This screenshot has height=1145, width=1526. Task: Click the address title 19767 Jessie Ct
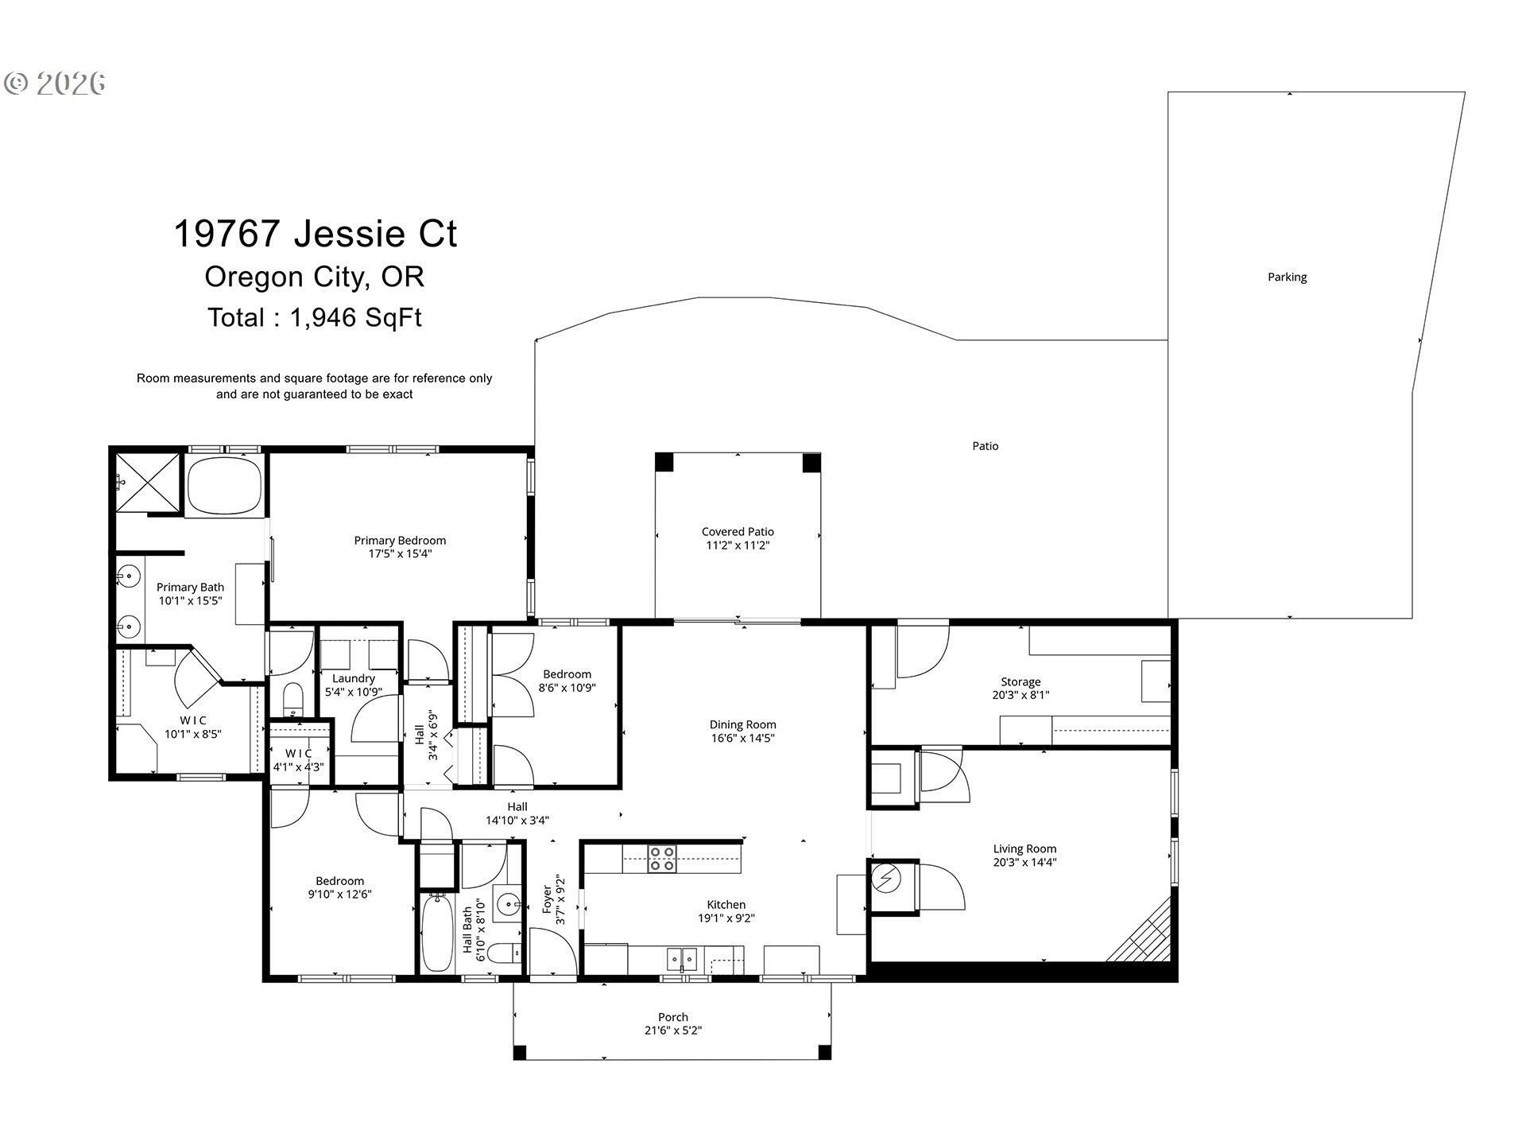click(315, 234)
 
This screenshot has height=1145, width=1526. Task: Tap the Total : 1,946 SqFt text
click(315, 318)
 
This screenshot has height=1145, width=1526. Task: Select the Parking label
click(1287, 278)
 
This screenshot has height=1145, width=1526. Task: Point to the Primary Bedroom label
click(400, 541)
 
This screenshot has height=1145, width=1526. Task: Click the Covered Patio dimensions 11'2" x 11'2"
click(738, 545)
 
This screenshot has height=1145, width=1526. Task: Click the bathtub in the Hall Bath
click(436, 933)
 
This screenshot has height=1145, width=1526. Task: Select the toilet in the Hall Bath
click(503, 952)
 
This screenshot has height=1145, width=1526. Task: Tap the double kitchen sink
click(681, 960)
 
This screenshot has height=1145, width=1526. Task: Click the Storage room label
click(1021, 682)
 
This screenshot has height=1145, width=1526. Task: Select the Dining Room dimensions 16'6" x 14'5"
click(742, 739)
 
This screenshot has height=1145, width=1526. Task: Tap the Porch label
click(673, 1017)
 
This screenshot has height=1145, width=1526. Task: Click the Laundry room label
click(354, 679)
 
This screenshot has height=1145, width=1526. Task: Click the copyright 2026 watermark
click(55, 83)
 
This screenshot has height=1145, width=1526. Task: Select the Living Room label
click(1024, 849)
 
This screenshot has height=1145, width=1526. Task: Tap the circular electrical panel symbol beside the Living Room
click(885, 878)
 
